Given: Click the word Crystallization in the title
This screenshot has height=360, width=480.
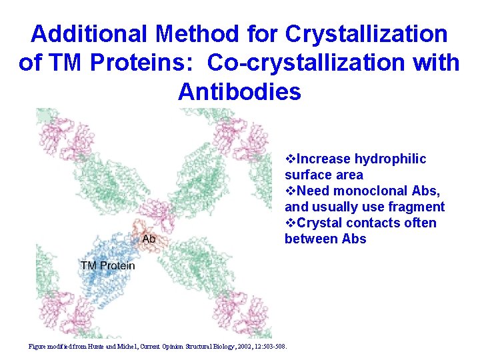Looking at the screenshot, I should click(x=366, y=33).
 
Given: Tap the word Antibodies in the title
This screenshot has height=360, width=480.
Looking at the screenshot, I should click(x=239, y=91).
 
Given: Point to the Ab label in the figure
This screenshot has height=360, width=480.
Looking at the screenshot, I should click(x=149, y=239).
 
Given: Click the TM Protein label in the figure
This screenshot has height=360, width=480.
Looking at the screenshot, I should click(x=107, y=265).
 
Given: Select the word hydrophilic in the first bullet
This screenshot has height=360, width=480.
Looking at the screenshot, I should click(x=390, y=159).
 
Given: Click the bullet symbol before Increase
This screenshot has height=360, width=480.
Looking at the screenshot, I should click(x=289, y=159).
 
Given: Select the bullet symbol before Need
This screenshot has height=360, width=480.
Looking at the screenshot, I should click(x=289, y=191).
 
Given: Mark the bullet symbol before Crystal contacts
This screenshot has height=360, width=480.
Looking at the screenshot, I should click(x=289, y=223).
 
